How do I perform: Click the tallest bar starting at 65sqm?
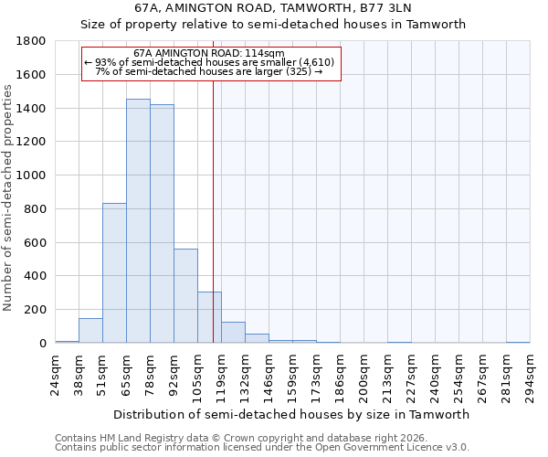[x=138, y=220]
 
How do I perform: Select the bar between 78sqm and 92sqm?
[x=162, y=224]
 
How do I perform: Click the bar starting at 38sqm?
[x=90, y=331]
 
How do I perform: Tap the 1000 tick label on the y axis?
[x=32, y=175]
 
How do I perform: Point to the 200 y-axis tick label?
[x=36, y=310]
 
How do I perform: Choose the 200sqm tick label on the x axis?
[x=364, y=377]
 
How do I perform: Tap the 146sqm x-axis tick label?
[x=269, y=377]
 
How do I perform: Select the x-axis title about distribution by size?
[x=292, y=414]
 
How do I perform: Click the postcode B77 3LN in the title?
[x=383, y=7]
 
